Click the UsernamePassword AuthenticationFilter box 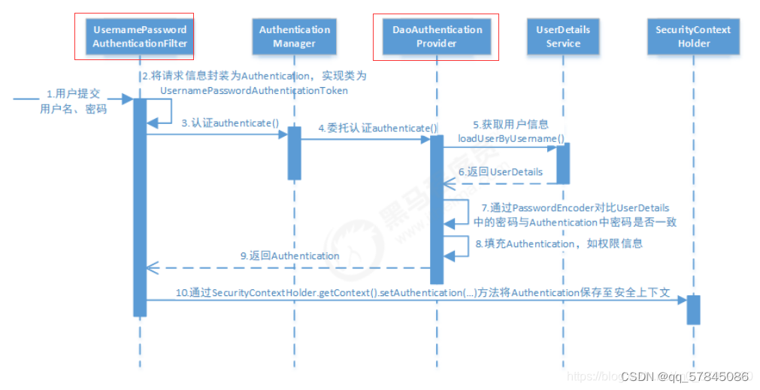click(x=139, y=37)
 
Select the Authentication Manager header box click(x=295, y=37)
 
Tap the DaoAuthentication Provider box click(x=437, y=37)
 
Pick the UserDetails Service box click(x=563, y=37)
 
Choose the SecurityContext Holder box click(x=693, y=37)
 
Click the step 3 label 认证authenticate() click(x=230, y=123)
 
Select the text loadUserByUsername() click(x=511, y=138)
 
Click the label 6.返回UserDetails click(x=501, y=171)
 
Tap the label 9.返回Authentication click(x=290, y=255)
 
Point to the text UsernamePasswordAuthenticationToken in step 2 click(x=255, y=90)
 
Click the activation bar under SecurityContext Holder click(x=693, y=310)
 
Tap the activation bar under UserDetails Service click(x=562, y=163)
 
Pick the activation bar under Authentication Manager click(x=295, y=153)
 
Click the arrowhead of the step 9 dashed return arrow click(x=151, y=267)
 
